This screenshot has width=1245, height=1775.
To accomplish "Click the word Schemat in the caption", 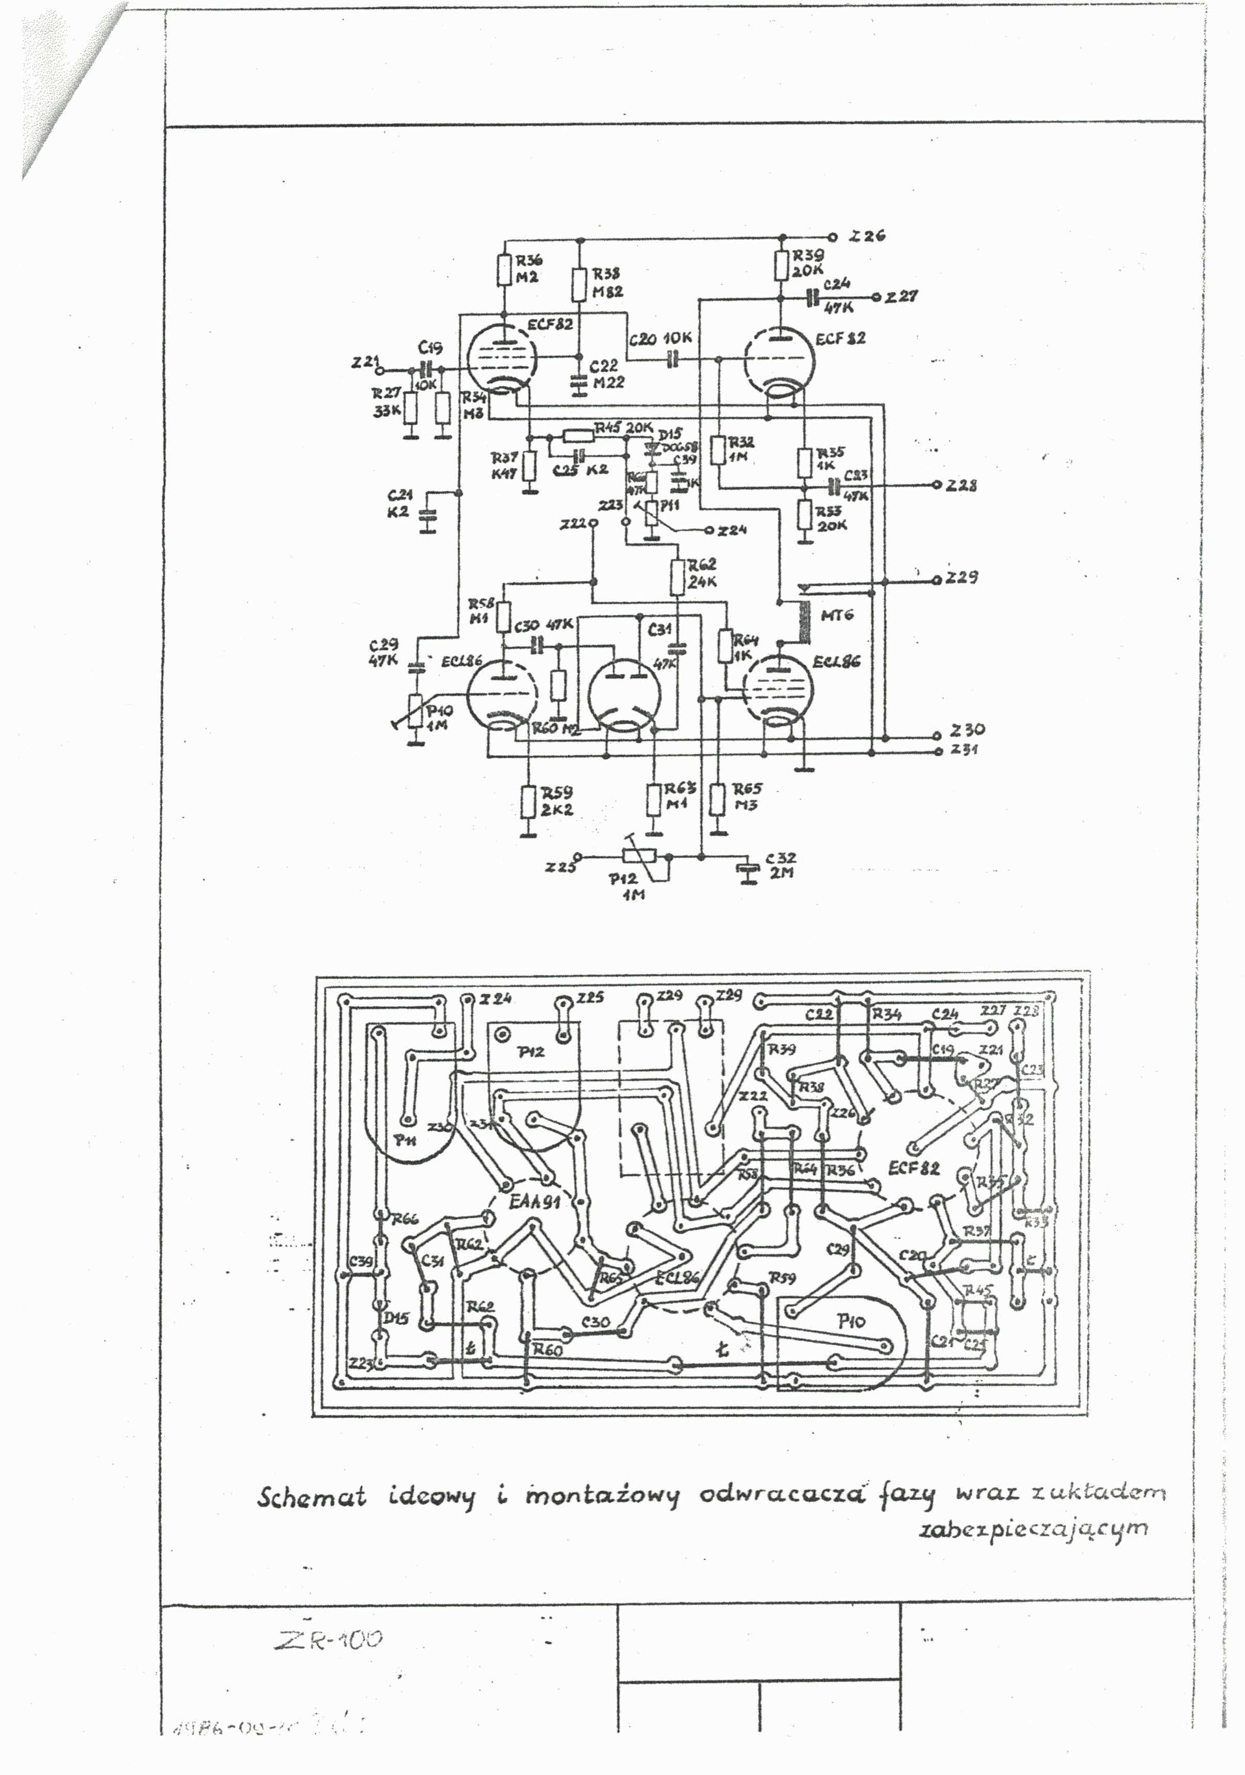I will tap(311, 1497).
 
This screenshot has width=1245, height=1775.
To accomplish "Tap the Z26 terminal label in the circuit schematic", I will tap(866, 236).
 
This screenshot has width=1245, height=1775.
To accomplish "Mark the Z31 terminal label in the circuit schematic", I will tap(965, 749).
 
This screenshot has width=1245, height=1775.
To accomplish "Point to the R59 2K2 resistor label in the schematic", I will tap(557, 801).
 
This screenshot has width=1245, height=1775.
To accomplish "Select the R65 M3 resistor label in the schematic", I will tap(746, 796).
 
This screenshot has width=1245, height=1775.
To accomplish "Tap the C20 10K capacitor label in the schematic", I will tap(660, 338).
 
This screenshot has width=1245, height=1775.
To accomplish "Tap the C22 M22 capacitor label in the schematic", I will tap(607, 374).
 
